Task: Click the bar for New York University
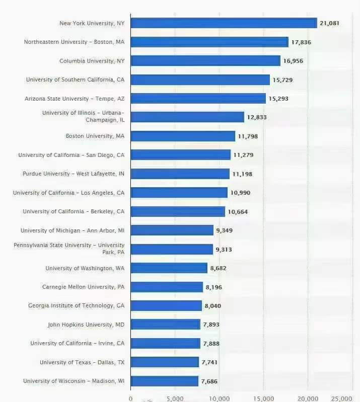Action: click(224, 23)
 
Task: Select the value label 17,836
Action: click(301, 42)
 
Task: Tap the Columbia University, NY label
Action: click(92, 61)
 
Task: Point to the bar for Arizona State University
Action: click(198, 99)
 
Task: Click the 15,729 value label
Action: click(282, 80)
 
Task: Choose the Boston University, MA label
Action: click(95, 136)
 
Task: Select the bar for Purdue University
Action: click(180, 174)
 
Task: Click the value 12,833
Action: click(257, 117)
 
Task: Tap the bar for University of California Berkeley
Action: click(178, 212)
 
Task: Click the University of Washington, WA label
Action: click(85, 268)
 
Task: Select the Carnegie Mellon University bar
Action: click(167, 287)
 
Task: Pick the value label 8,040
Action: click(212, 306)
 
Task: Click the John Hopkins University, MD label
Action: click(86, 325)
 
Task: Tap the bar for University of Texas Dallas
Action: click(165, 362)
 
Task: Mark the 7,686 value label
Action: click(209, 381)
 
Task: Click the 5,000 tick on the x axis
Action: click(174, 398)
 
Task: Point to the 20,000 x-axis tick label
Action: click(308, 398)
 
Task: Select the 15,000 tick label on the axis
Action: click(263, 398)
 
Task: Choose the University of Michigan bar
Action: click(172, 230)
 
